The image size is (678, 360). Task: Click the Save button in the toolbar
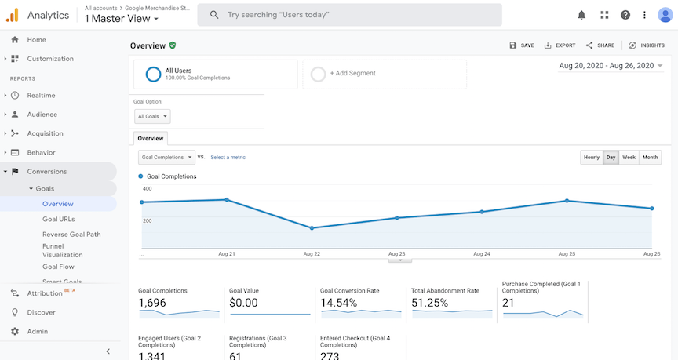pos(521,45)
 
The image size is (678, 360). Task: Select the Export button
pos(560,45)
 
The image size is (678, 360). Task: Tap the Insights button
pos(646,45)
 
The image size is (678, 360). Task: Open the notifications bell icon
pos(581,15)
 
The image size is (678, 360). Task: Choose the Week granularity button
pos(629,157)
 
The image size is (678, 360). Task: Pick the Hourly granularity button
pos(591,157)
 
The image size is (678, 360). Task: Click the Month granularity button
pos(650,157)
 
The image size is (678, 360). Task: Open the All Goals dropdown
pos(152,116)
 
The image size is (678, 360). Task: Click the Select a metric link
pos(228,157)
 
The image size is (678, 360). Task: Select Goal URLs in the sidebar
pos(59,219)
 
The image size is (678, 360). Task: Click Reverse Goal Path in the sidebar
pos(71,235)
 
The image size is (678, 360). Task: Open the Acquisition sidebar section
pos(45,133)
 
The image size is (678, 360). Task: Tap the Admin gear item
pos(37,331)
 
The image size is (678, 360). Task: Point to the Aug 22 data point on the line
pos(312,228)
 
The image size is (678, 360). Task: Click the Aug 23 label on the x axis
pos(396,254)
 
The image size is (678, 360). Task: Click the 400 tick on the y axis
pos(147,189)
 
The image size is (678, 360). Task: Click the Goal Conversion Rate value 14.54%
pos(338,303)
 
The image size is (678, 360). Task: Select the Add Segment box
pos(385,74)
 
